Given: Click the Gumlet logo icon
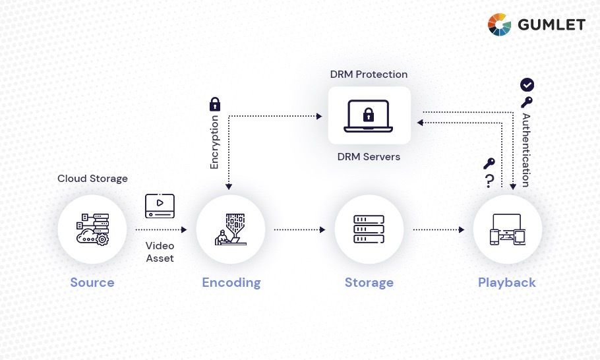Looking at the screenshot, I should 499,24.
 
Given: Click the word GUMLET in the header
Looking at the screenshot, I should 551,25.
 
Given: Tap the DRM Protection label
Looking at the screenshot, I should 369,75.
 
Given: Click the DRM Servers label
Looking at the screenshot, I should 369,157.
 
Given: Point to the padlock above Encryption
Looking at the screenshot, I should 214,104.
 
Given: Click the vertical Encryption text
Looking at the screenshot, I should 214,142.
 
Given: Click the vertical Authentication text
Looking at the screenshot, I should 526,150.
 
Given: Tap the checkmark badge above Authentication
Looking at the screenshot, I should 527,84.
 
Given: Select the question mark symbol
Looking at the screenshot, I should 489,181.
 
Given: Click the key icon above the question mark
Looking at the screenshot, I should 489,164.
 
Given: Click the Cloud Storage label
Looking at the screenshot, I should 92,179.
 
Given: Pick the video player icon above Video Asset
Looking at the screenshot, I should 160,206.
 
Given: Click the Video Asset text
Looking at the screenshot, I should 160,252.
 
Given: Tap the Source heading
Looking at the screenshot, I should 92,283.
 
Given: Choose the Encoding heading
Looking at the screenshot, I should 231,283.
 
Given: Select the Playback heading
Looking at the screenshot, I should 506,283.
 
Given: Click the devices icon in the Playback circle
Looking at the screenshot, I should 507,229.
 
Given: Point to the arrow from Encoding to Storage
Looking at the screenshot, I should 299,230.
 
